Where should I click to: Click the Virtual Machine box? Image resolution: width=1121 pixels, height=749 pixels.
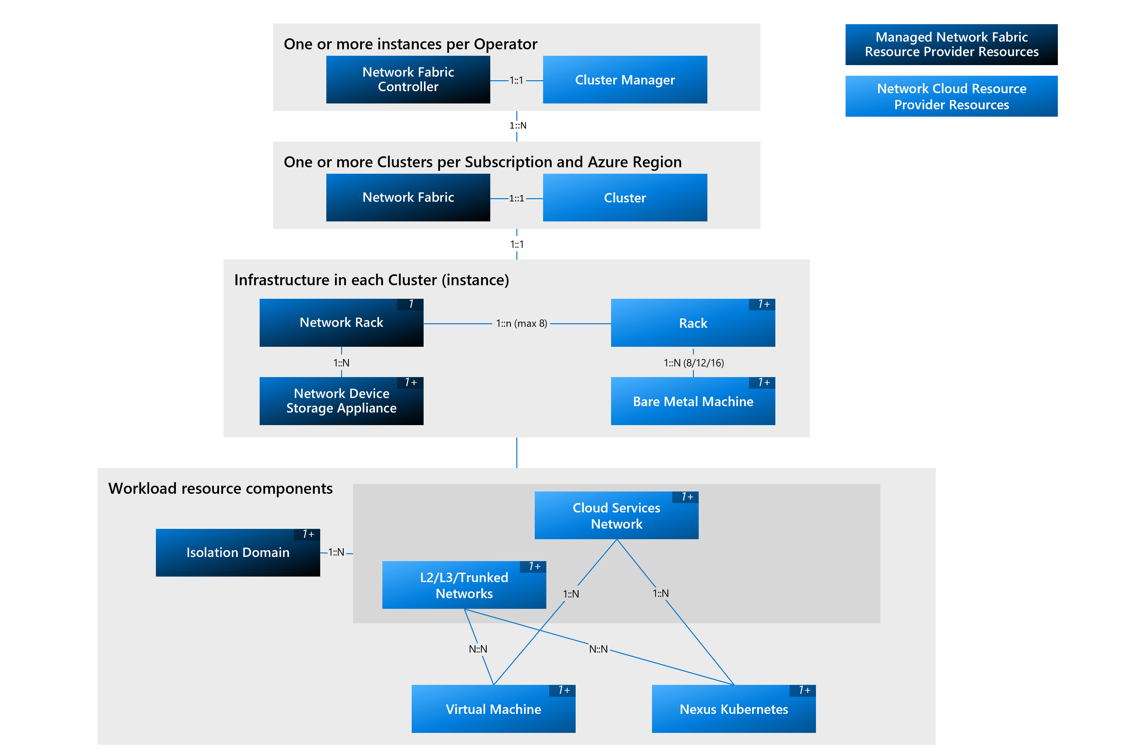pos(493,709)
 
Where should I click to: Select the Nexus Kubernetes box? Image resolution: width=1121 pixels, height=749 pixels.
pos(733,709)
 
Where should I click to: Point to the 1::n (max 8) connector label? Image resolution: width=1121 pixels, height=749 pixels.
pos(521,323)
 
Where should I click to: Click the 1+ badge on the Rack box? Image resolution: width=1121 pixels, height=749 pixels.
pos(763,304)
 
